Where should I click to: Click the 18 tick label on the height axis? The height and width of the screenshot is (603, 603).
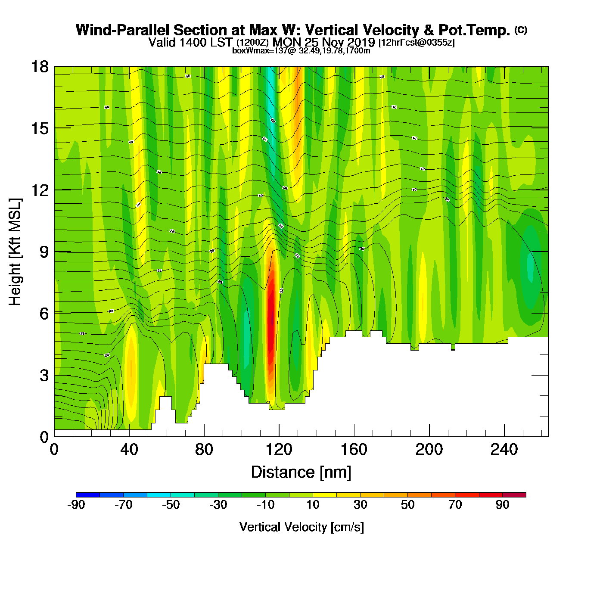click(39, 67)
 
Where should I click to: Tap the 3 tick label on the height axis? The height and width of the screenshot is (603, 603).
click(44, 376)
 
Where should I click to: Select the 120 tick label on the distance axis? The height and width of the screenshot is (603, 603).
click(279, 450)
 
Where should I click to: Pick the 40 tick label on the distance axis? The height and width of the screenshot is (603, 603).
click(129, 450)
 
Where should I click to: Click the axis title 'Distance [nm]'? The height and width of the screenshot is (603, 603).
click(301, 472)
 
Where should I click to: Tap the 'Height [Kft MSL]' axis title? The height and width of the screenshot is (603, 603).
click(15, 252)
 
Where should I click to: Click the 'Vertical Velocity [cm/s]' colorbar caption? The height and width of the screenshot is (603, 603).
click(301, 527)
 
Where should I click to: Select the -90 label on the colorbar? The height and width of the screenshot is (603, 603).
click(76, 505)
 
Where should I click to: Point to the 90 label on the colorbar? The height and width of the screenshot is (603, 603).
click(502, 505)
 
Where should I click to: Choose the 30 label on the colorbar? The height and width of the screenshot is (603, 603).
click(360, 505)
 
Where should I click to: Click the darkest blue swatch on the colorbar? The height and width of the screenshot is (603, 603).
click(88, 495)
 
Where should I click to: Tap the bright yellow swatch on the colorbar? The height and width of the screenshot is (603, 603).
click(325, 495)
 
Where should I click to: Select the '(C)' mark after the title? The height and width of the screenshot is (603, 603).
click(520, 30)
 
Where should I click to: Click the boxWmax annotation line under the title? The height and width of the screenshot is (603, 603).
click(301, 51)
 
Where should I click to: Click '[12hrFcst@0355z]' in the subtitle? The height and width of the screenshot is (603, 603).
click(416, 43)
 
